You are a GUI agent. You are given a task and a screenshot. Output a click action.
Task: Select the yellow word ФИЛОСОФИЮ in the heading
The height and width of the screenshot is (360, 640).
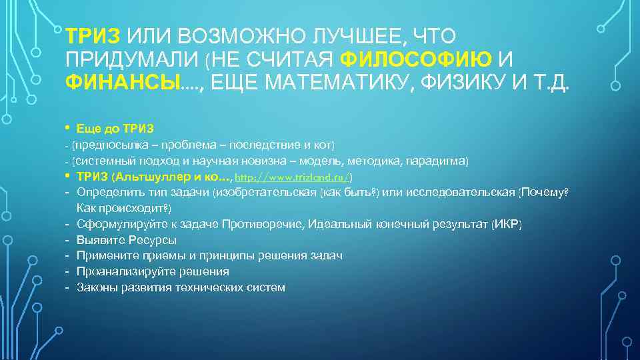pyautogui.click(x=416, y=59)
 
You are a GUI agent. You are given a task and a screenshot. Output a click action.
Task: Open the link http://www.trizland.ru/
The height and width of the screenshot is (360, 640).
pyautogui.click(x=294, y=177)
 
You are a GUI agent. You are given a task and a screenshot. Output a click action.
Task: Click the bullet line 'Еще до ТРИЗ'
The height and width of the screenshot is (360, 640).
pyautogui.click(x=115, y=128)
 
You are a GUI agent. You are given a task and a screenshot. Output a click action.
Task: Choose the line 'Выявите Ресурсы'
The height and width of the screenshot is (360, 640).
pyautogui.click(x=126, y=240)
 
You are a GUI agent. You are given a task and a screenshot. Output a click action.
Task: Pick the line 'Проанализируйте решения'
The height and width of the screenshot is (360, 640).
pyautogui.click(x=153, y=272)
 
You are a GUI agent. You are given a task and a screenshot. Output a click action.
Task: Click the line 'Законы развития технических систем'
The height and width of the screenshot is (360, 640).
pyautogui.click(x=181, y=288)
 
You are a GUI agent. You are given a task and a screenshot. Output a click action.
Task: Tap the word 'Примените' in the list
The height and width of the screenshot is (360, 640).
pyautogui.click(x=103, y=256)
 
